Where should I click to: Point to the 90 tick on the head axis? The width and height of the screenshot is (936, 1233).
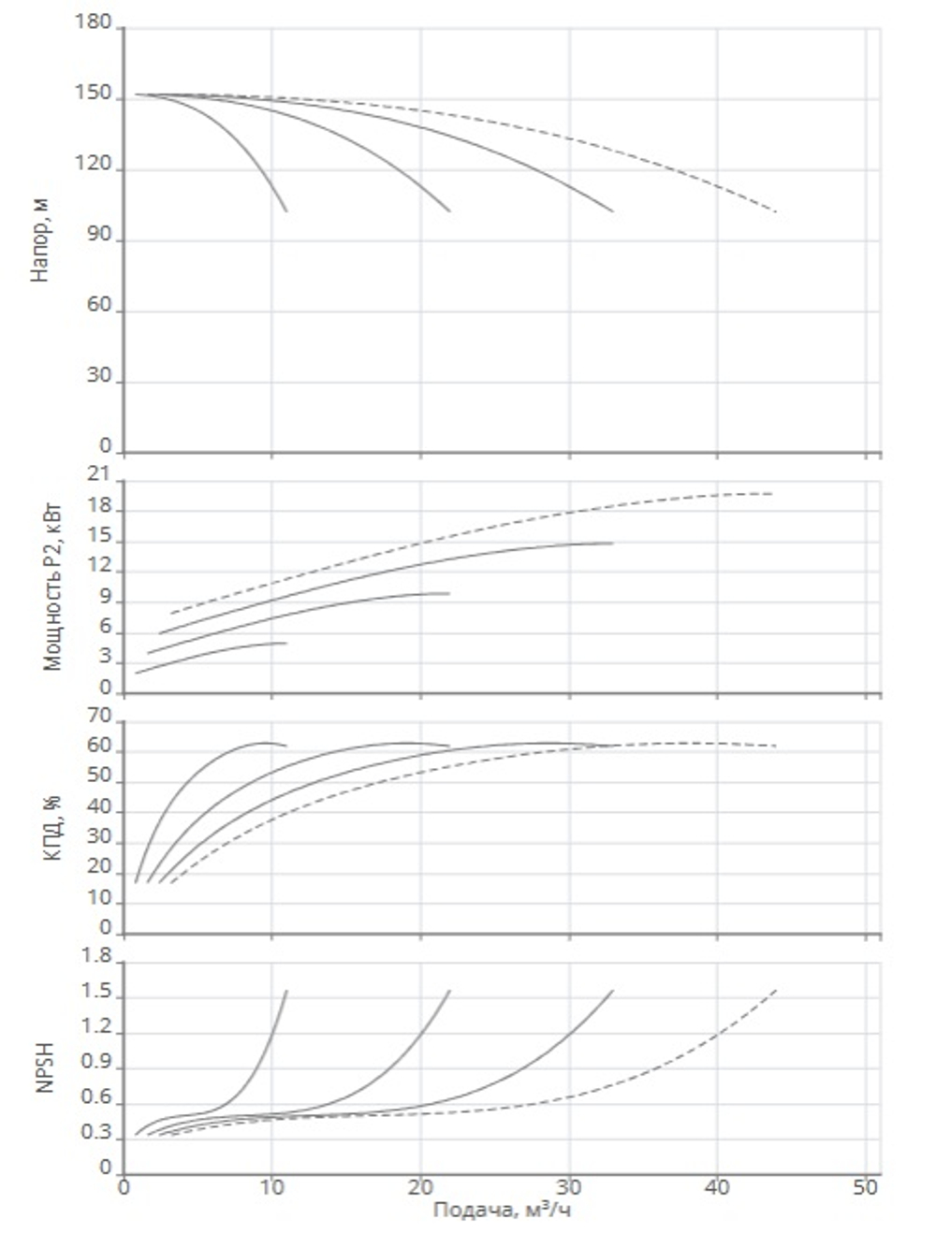(99, 235)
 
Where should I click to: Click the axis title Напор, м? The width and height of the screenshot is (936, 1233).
(41, 240)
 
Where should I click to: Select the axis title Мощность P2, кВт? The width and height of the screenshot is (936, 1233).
(52, 589)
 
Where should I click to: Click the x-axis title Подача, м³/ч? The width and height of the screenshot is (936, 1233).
(502, 1210)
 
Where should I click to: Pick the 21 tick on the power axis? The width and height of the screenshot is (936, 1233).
(99, 474)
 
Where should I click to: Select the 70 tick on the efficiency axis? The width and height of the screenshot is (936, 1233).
(99, 716)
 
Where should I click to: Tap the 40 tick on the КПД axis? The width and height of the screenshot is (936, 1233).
(99, 806)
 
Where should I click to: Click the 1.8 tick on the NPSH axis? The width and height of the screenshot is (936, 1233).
(96, 956)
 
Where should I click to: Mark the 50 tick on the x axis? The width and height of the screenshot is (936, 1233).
(865, 1188)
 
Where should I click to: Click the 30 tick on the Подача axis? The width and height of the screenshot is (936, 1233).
(569, 1188)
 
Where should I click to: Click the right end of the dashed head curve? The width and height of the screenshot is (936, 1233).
(776, 211)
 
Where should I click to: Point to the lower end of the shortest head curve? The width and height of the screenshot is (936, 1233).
(286, 211)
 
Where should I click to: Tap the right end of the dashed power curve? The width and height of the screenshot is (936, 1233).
(772, 493)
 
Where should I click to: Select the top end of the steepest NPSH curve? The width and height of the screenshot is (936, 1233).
(286, 991)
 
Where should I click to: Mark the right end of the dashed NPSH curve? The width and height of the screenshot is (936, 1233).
(776, 991)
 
